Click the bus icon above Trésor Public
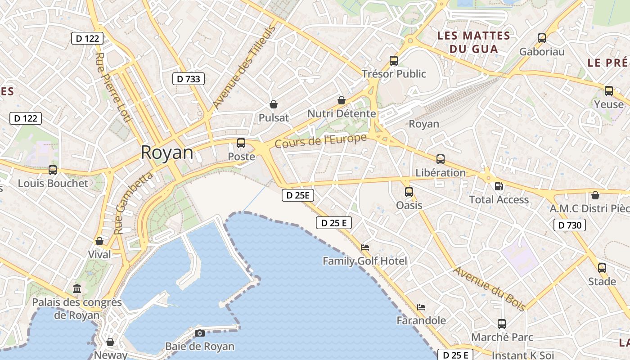[x=394, y=60]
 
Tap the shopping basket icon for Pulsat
[x=273, y=105]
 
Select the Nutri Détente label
[x=341, y=114]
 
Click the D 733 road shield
[x=189, y=79]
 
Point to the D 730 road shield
[x=569, y=225]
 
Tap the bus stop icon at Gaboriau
[x=542, y=38]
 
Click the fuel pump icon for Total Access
[x=499, y=186]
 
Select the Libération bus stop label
[x=440, y=173]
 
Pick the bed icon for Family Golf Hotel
[x=365, y=247]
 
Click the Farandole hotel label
[x=421, y=320]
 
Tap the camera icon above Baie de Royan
[x=200, y=333]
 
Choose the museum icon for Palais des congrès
[x=77, y=288]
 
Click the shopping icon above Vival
[x=99, y=241]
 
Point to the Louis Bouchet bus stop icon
[x=53, y=170]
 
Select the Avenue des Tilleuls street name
[x=243, y=67]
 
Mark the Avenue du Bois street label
[x=489, y=289]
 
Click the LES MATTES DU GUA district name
[x=473, y=42]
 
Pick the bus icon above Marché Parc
[x=502, y=324]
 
